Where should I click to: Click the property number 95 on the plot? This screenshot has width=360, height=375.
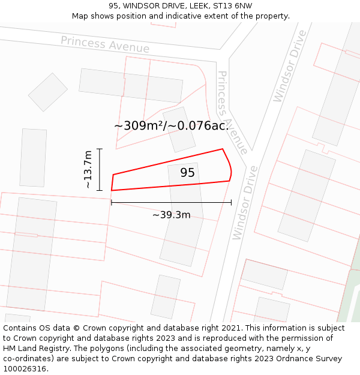tap(187, 173)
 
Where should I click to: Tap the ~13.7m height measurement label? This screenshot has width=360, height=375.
tap(88, 170)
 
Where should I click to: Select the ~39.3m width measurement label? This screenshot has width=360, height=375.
tap(171, 215)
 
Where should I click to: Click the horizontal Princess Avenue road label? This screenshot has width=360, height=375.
tap(105, 44)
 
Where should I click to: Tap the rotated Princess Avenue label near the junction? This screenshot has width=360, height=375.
tap(232, 112)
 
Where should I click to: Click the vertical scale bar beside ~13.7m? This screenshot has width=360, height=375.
tap(100, 170)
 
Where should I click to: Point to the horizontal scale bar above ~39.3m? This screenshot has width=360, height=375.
tap(171, 203)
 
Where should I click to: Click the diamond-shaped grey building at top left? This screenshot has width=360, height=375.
tap(48, 92)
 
